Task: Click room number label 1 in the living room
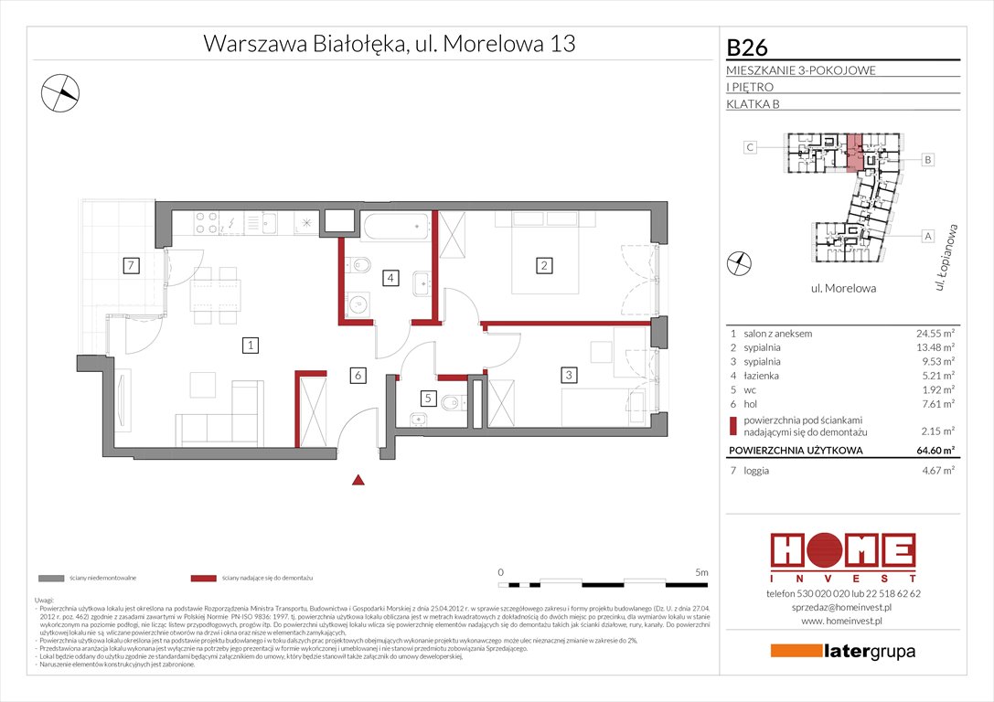(x=249, y=345)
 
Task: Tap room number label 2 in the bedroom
(x=544, y=266)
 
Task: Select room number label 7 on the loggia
(x=132, y=266)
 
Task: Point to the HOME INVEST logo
(x=842, y=557)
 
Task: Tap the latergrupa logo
(x=842, y=652)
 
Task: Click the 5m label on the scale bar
(x=700, y=572)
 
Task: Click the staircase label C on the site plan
(x=749, y=147)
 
